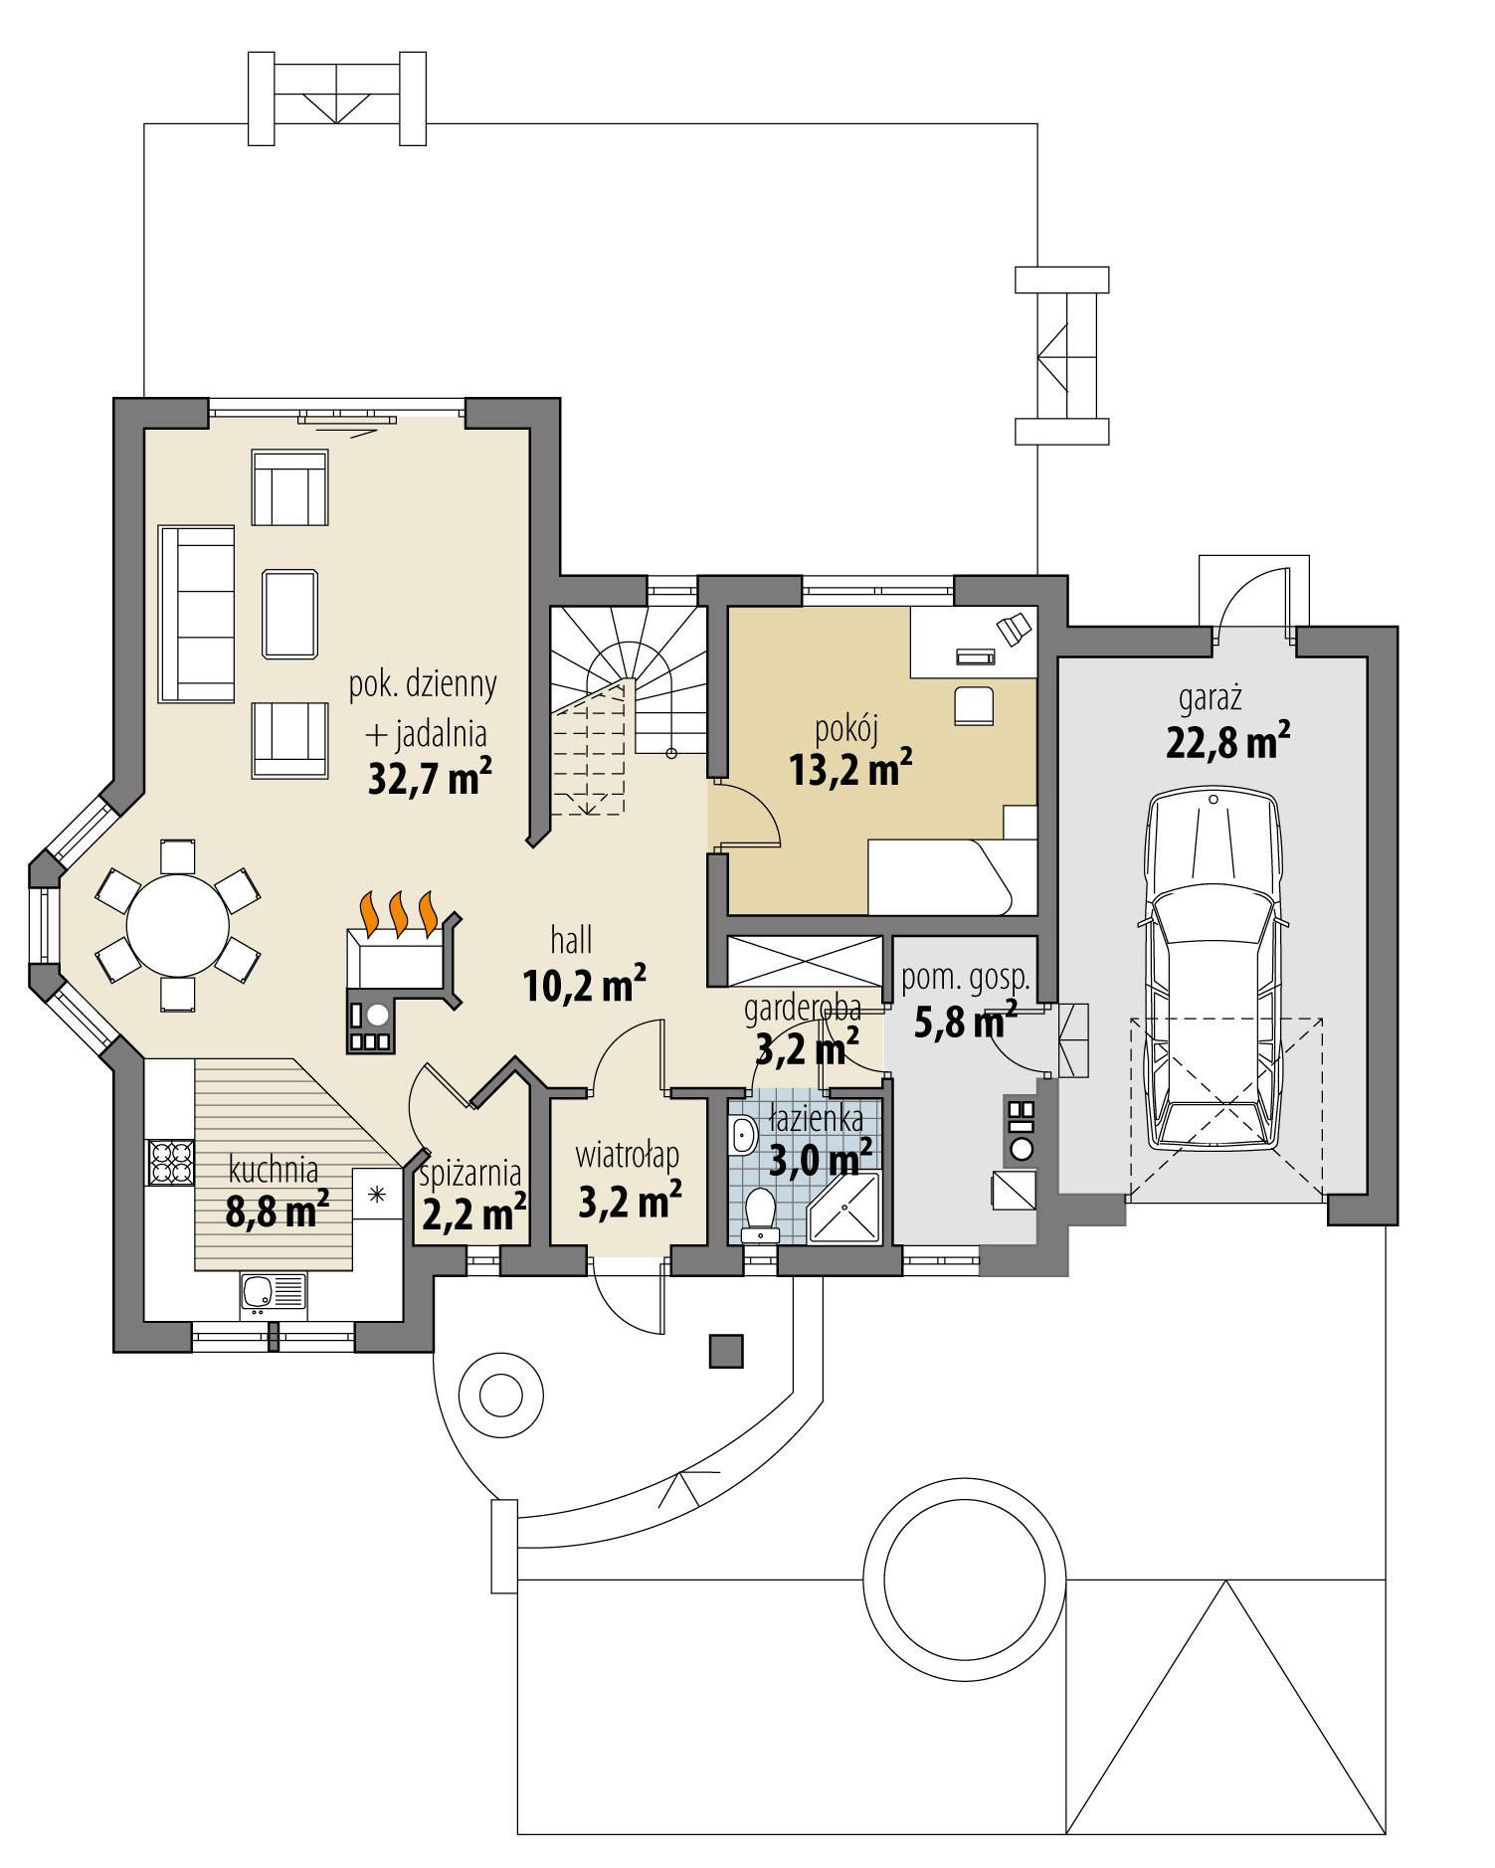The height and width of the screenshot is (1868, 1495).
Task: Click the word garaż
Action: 1211,699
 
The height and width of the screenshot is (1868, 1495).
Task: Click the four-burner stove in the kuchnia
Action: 170,1160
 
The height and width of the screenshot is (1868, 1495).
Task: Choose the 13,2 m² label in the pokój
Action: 850,768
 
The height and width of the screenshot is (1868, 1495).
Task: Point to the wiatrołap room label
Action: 628,1156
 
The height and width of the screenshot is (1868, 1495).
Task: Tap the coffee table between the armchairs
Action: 290,614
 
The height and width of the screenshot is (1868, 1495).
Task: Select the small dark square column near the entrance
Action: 726,1350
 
